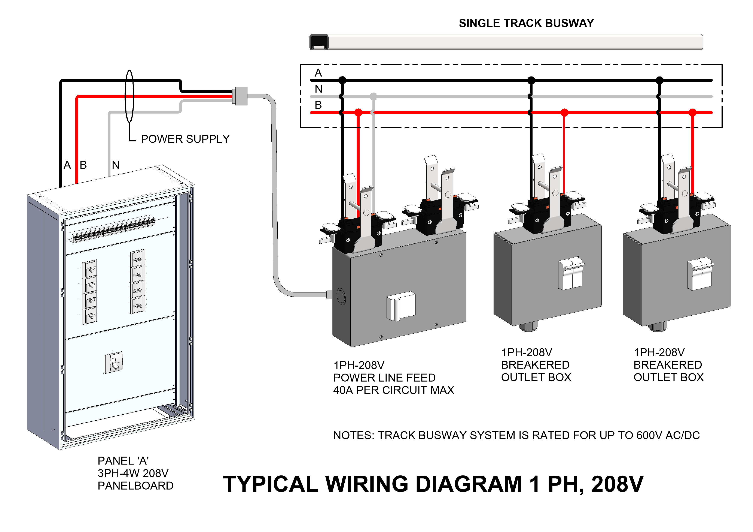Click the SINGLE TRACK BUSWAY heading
tap(526, 23)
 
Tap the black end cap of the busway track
tap(319, 42)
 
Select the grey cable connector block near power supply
tap(240, 96)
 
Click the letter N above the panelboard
tap(115, 165)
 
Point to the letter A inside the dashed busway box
tap(318, 73)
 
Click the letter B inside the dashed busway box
tap(318, 105)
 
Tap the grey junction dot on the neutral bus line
tap(373, 96)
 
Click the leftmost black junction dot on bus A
tap(342, 80)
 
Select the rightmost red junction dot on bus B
tap(692, 112)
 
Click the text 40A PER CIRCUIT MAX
tap(394, 390)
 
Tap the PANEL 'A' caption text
tap(123, 461)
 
